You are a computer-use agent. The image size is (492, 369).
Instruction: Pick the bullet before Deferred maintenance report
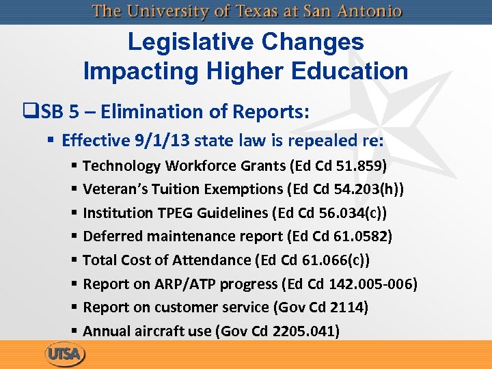coord(73,237)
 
